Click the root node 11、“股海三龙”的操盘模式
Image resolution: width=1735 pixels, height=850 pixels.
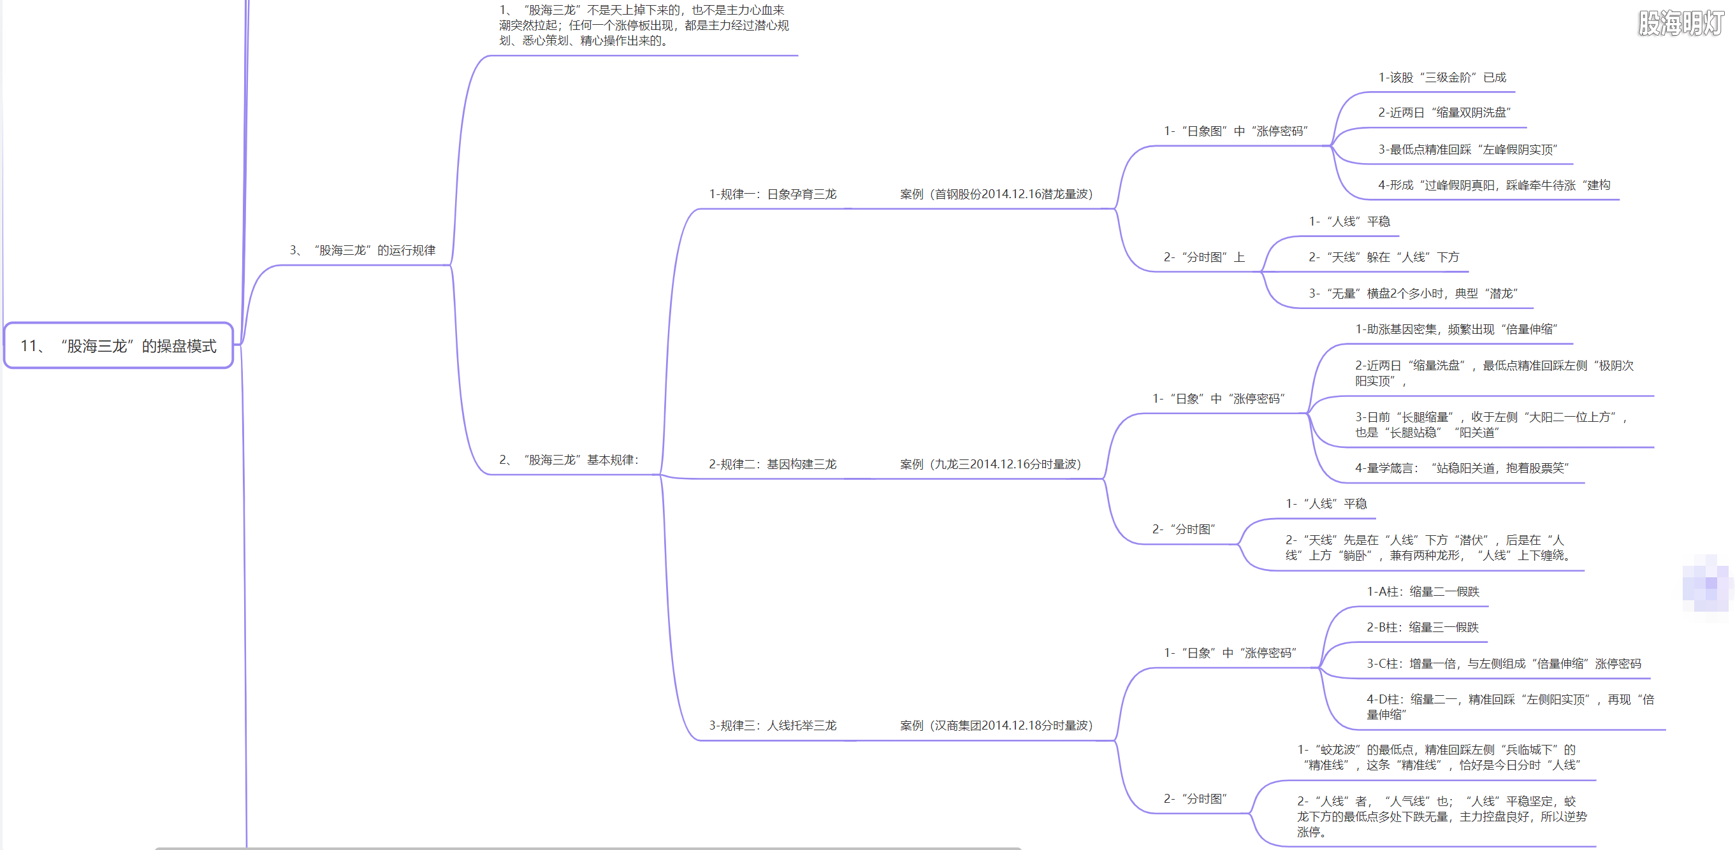pyautogui.click(x=119, y=345)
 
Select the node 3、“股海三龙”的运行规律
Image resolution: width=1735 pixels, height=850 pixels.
pyautogui.click(x=362, y=250)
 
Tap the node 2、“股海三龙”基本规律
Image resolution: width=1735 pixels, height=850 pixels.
pyautogui.click(x=569, y=460)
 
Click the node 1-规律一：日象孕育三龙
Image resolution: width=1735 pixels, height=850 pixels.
pyautogui.click(x=773, y=194)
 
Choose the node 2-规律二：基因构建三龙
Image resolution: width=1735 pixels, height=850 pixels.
pyautogui.click(x=773, y=464)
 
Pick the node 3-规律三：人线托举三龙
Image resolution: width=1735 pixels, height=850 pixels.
pyautogui.click(x=773, y=725)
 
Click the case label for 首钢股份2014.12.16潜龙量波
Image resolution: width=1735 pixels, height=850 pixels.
pyautogui.click(x=996, y=194)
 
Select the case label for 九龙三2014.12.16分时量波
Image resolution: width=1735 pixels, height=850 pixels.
pyautogui.click(x=990, y=464)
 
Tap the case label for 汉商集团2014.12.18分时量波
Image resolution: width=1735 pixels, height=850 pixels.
pyautogui.click(x=996, y=725)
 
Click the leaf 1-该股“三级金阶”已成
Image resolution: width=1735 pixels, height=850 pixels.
pyautogui.click(x=1442, y=78)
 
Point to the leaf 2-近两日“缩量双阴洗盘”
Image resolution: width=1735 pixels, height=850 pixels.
pyautogui.click(x=1444, y=113)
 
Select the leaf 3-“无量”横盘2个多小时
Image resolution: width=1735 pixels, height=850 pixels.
pyautogui.click(x=1413, y=294)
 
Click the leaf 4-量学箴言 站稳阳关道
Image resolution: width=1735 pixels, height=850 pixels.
pyautogui.click(x=1462, y=468)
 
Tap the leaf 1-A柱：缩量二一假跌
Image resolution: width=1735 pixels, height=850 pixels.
pyautogui.click(x=1423, y=591)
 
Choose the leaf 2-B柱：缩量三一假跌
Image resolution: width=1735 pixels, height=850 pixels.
pyautogui.click(x=1423, y=627)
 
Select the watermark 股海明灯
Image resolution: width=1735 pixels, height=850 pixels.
pyautogui.click(x=1681, y=23)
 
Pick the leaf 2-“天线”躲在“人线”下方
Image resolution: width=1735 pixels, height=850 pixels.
pyautogui.click(x=1383, y=257)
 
